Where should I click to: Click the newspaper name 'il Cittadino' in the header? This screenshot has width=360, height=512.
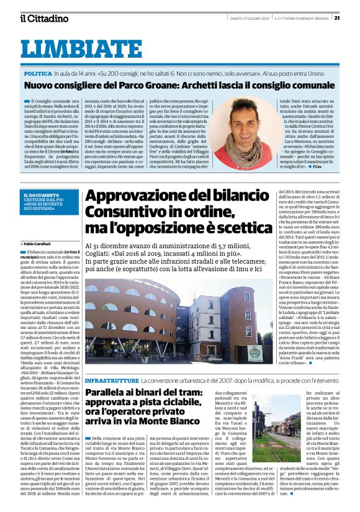coord(44,18)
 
